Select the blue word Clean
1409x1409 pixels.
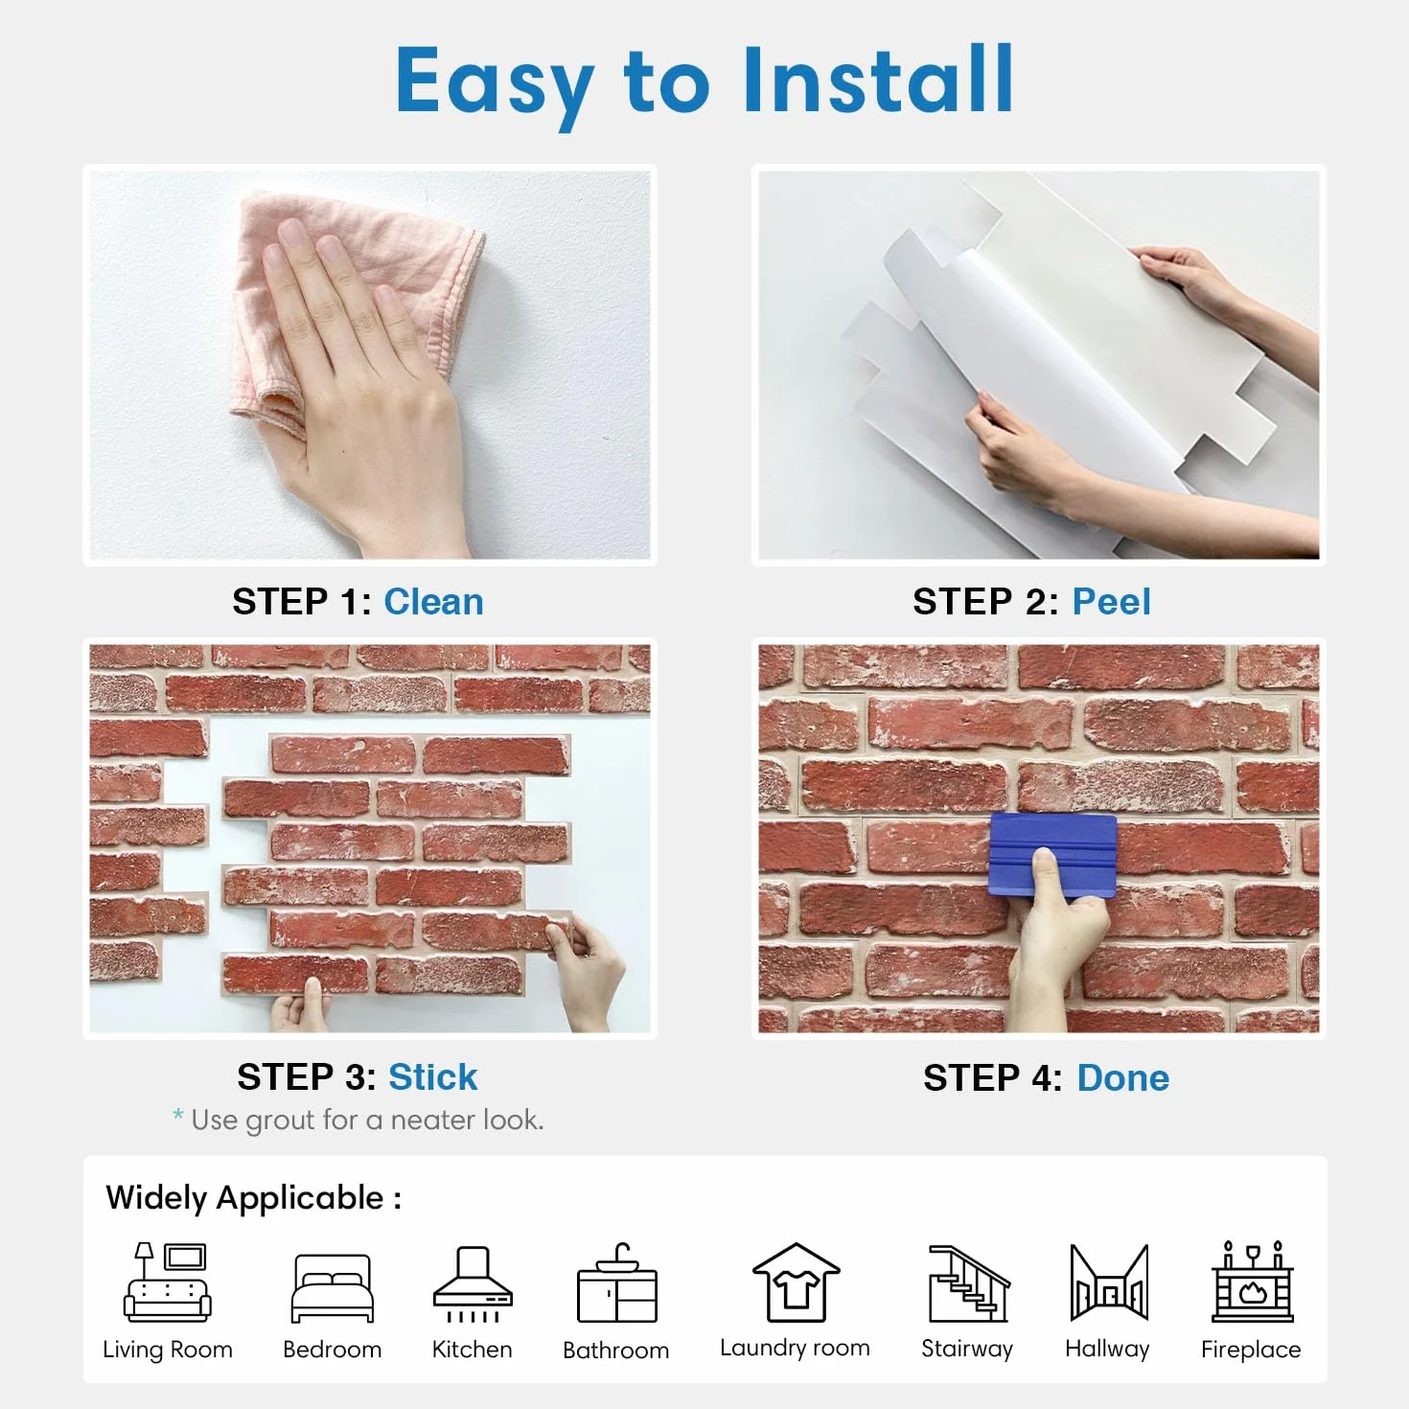433,602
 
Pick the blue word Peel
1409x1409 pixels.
1111,602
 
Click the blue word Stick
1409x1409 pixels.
433,1076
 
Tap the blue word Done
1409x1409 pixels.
1123,1077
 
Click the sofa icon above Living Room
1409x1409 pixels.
168,1282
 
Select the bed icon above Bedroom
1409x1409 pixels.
332,1288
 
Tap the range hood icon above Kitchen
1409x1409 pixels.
474,1284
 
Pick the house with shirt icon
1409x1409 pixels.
796,1282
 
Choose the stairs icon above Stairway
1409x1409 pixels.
969,1283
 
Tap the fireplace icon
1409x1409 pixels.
1253,1282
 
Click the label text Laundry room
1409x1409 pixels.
795,1348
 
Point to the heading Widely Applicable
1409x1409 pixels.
253,1199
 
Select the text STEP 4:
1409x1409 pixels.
992,1077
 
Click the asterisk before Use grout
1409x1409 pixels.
177,1115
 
